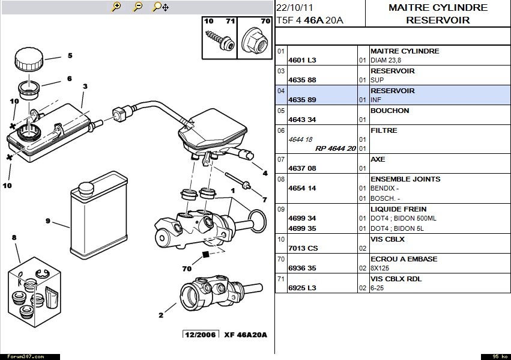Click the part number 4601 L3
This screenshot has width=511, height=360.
(x=302, y=60)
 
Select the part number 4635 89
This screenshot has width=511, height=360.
(x=302, y=100)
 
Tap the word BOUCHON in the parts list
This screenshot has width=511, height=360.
(x=390, y=111)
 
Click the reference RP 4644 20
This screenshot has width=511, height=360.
(x=336, y=148)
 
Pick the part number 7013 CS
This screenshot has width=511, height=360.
(x=303, y=248)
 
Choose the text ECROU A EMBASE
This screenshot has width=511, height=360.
(x=404, y=259)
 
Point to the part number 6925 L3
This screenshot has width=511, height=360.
(x=302, y=288)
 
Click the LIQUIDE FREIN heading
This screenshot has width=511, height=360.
(x=398, y=209)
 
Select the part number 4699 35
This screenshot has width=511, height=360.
(x=302, y=228)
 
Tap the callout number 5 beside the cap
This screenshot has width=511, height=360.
(x=70, y=56)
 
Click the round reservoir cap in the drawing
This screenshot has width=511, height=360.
(x=29, y=59)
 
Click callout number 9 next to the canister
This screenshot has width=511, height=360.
(x=47, y=221)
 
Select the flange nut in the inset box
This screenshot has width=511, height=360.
(x=254, y=40)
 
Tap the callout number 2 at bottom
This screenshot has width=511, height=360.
(x=161, y=314)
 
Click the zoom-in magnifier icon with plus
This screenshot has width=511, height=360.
(x=116, y=7)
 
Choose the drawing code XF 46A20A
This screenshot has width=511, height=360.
(x=246, y=335)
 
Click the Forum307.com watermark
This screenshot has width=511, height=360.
(x=22, y=356)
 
